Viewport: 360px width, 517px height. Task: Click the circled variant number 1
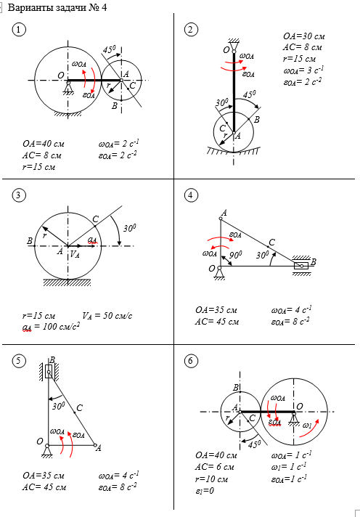[x=19, y=30]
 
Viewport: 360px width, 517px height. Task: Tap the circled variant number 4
[x=191, y=195]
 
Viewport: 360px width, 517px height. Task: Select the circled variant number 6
[x=191, y=361]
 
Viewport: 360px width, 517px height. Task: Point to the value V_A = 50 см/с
[x=107, y=316]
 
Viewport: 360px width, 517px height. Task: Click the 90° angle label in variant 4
[x=235, y=255]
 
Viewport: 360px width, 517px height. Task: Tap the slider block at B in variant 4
[x=301, y=266]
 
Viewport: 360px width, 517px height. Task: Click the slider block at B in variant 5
[x=49, y=371]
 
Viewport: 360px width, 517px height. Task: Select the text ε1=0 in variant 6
[x=205, y=491]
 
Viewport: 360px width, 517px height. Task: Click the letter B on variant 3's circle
[x=30, y=241]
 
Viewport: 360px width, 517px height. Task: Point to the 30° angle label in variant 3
[x=130, y=229]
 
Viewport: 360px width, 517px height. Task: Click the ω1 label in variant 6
[x=307, y=426]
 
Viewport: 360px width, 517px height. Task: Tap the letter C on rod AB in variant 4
[x=271, y=243]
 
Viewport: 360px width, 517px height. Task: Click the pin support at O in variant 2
[x=234, y=45]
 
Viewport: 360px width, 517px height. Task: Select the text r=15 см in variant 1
[x=38, y=167]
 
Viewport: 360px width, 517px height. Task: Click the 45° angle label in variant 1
[x=109, y=50]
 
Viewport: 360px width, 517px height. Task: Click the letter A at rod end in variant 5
[x=98, y=448]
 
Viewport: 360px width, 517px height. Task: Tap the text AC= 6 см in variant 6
[x=215, y=467]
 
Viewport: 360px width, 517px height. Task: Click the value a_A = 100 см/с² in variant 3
[x=51, y=327]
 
